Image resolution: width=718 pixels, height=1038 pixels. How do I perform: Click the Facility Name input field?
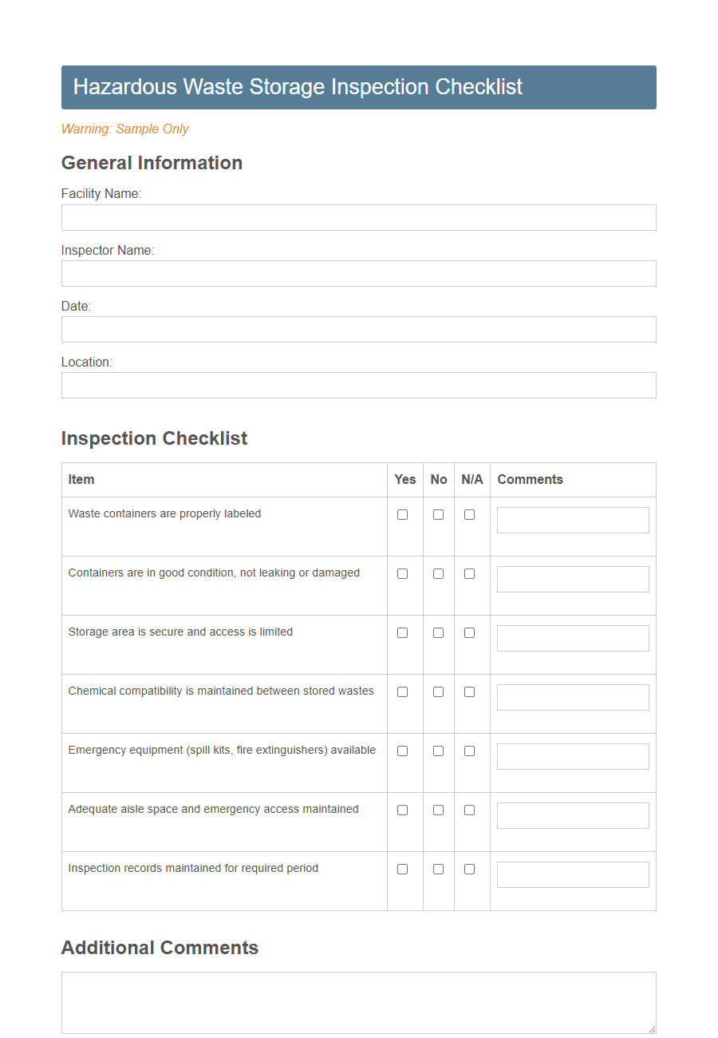tap(358, 217)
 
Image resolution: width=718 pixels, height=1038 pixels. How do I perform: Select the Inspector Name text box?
tap(358, 273)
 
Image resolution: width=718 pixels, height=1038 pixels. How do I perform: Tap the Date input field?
tap(358, 329)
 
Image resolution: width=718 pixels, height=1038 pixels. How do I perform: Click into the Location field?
tap(358, 385)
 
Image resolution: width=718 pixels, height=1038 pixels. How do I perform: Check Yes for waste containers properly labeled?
tap(402, 515)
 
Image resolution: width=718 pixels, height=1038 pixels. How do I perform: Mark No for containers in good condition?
tap(438, 574)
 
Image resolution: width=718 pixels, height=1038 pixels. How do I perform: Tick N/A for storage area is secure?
tap(469, 633)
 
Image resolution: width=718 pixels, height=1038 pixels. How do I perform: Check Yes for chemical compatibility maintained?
tap(402, 692)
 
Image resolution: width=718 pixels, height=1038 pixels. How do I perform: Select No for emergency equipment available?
tap(438, 751)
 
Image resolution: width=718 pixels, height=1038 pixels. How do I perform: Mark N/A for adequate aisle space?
tap(469, 810)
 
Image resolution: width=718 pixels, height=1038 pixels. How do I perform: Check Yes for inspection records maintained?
tap(402, 870)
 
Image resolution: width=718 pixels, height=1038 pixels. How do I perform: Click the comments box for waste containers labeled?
tap(573, 520)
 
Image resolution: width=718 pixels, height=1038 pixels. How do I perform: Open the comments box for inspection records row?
tap(573, 874)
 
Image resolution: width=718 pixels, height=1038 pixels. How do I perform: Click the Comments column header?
tap(530, 480)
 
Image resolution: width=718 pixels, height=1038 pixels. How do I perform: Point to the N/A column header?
tap(472, 480)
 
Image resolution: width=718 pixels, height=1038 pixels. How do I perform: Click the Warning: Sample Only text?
tap(125, 129)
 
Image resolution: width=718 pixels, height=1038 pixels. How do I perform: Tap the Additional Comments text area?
tap(358, 1002)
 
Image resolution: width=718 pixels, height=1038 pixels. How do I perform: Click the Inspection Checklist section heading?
tap(154, 438)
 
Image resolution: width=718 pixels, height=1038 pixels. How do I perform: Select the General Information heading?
tap(152, 163)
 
